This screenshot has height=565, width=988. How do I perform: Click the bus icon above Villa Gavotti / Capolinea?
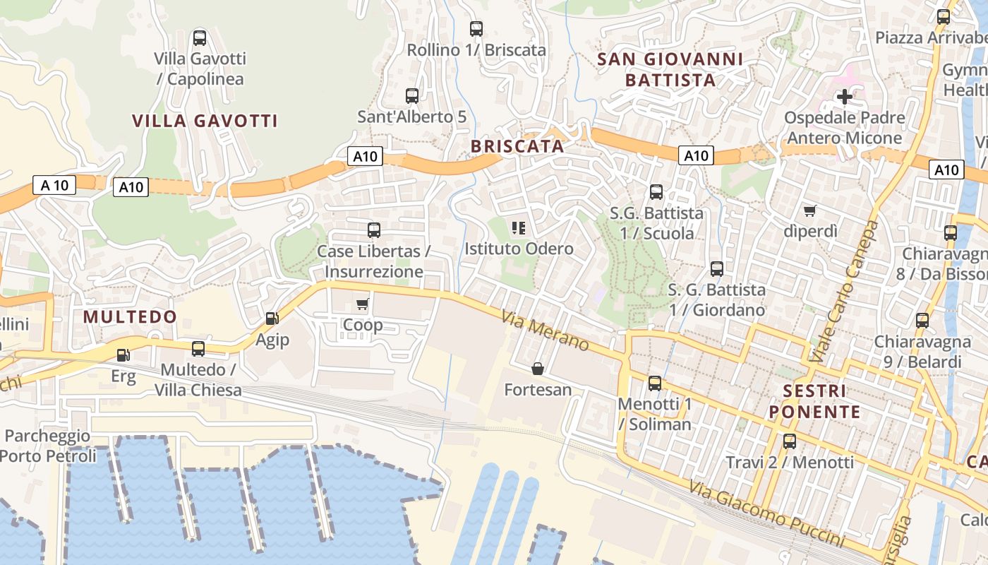200,38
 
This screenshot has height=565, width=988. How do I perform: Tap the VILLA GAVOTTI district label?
205,121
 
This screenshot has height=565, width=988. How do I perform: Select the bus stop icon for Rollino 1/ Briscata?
476,29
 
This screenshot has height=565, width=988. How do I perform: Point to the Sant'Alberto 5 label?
411,117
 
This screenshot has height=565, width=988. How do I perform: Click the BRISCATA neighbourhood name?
517,146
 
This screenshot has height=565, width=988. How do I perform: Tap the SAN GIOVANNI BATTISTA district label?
670,69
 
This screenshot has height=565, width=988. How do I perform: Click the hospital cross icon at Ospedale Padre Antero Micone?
844,97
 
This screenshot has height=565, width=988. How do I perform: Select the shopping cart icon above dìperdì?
810,210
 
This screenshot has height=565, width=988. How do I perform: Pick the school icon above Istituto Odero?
519,227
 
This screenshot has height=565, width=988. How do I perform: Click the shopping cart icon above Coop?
363,304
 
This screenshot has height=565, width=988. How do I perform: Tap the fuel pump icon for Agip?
272,319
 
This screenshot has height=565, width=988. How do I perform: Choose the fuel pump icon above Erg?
123,355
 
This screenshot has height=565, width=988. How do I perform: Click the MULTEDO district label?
130,316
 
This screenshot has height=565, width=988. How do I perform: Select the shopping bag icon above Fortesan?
538,369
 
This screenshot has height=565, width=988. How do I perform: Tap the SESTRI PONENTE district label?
814,401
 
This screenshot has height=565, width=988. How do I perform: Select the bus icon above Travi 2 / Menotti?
790,441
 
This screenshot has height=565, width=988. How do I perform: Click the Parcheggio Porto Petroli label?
47,446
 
